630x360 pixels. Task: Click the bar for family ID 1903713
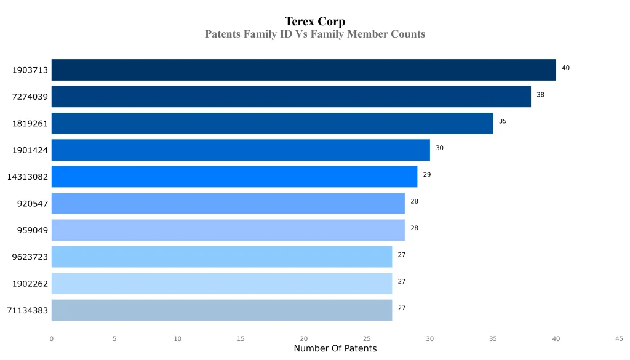(x=303, y=70)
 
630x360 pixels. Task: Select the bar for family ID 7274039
(x=291, y=97)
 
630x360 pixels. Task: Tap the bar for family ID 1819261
(x=272, y=123)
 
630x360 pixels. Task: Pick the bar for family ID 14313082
(x=234, y=177)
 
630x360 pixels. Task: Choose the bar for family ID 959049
(x=228, y=230)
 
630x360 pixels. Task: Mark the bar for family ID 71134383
(x=221, y=310)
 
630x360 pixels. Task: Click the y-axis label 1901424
(x=30, y=150)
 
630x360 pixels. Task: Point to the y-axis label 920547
(x=32, y=204)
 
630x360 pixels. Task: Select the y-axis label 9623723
(x=30, y=257)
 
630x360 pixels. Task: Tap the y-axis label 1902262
(x=30, y=284)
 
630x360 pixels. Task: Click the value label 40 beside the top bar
(x=565, y=68)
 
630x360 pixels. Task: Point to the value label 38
(x=540, y=95)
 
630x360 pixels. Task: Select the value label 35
(x=503, y=121)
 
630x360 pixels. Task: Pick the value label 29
(x=427, y=175)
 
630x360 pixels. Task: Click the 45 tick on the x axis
(x=619, y=338)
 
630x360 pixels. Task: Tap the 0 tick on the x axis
(x=51, y=338)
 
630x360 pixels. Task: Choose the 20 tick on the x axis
(x=304, y=338)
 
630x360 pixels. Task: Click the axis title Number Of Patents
(x=335, y=349)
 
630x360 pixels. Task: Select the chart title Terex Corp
(x=315, y=22)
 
